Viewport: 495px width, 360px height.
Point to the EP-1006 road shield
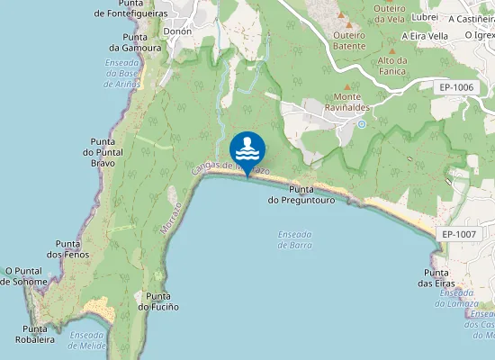[456, 87]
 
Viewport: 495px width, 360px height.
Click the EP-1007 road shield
[458, 234]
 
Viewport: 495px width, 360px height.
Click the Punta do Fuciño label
[158, 301]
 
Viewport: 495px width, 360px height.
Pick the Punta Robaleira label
[34, 334]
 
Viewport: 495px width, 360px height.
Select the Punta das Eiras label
[436, 278]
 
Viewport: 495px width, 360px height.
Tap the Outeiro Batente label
[349, 40]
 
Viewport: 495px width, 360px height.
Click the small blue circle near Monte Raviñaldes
[361, 124]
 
